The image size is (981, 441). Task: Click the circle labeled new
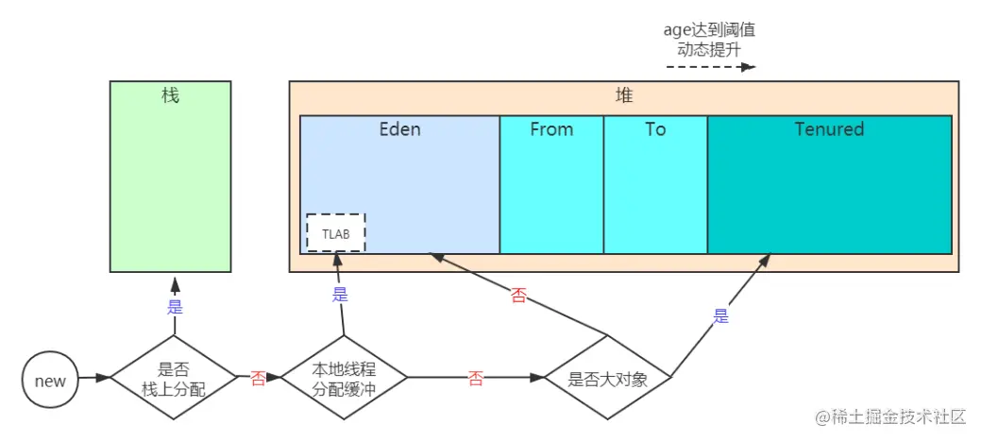coord(50,381)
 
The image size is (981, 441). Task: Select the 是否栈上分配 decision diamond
coord(173,379)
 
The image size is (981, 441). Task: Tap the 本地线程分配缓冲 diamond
coord(345,379)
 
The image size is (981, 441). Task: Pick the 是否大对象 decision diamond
coord(607,380)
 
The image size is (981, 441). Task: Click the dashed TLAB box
coord(336,232)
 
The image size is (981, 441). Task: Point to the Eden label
coord(399,129)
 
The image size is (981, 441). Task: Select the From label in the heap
coord(551,129)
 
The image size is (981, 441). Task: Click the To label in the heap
coord(655,129)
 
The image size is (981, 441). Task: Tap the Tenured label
coord(829,129)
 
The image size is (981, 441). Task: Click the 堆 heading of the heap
coord(624,96)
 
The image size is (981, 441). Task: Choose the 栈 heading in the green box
coord(170,95)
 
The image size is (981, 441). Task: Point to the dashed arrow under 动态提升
coord(710,67)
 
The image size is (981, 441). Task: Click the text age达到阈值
coord(710,29)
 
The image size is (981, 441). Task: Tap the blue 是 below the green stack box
coord(175,306)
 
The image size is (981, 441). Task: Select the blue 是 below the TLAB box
coord(340,294)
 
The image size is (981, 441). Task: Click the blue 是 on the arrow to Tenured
coord(721,316)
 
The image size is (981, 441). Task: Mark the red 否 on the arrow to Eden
coord(518,296)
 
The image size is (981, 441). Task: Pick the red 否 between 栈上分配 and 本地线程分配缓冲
coord(258,379)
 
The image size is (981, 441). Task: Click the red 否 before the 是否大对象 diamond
coord(477,379)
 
